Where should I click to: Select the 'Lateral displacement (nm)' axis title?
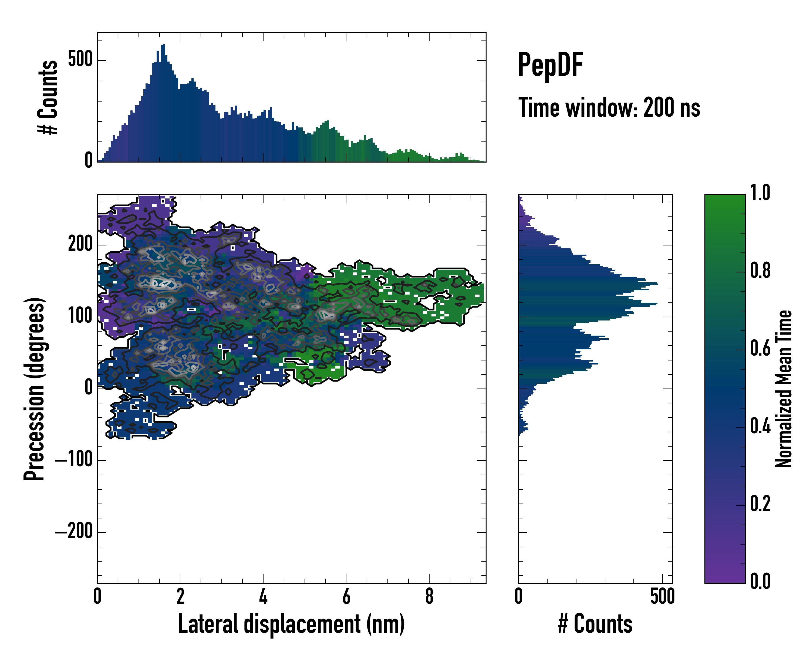tap(291, 624)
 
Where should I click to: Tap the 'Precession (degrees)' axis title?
tap(35, 389)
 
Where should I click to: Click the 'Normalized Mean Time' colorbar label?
tap(784, 389)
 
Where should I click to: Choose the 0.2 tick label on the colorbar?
tap(760, 504)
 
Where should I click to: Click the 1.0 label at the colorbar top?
tap(760, 193)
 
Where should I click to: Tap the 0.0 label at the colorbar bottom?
tap(760, 581)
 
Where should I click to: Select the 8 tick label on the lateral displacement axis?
tap(429, 596)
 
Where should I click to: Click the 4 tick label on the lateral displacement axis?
tap(263, 596)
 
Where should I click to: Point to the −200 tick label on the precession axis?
tap(74, 532)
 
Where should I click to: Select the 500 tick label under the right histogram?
tap(662, 596)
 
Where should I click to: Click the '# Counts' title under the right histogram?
tap(595, 624)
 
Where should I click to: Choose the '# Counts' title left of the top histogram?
tap(48, 97)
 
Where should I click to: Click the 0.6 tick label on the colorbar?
tap(760, 349)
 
